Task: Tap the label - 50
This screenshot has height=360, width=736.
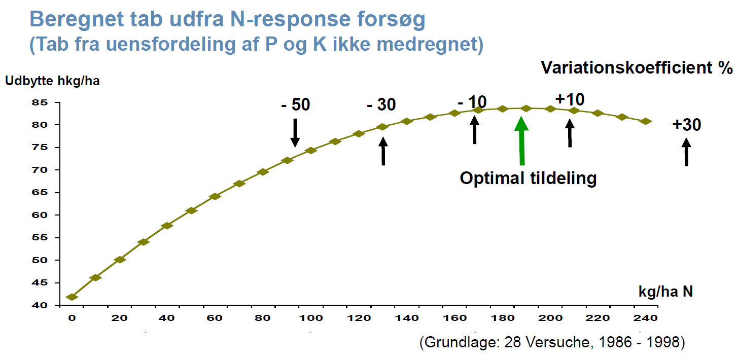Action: [x=295, y=105]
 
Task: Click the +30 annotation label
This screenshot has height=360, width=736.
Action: [x=687, y=125]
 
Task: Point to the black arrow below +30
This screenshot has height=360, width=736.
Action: [x=686, y=152]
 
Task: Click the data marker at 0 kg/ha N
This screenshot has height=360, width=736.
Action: [x=72, y=297]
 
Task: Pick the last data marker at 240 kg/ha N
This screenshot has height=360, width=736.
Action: [x=646, y=121]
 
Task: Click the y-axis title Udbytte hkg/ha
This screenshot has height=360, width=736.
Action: [x=52, y=81]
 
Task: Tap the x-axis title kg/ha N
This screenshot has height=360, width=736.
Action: [x=665, y=292]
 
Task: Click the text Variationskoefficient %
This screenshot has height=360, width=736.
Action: [x=637, y=67]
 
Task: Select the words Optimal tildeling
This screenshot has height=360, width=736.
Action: [x=528, y=178]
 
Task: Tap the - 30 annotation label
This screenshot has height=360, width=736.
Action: [x=381, y=105]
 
